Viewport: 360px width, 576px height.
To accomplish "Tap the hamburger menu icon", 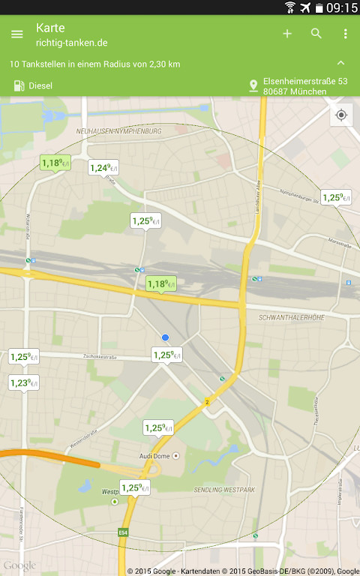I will click(17, 34).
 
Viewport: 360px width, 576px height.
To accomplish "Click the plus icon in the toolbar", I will click(287, 34).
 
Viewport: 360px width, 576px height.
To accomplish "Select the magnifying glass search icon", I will click(316, 34).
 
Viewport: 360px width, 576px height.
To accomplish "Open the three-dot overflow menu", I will click(345, 34).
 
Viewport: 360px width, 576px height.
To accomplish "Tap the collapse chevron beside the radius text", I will click(341, 64).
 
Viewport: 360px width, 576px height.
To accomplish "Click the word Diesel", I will click(40, 85).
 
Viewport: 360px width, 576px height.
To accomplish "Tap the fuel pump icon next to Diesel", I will click(19, 85).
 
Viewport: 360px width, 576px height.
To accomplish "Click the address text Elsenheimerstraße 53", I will click(305, 81).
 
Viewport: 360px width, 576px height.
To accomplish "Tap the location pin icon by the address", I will click(253, 86).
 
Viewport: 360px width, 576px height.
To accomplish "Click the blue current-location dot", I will click(166, 338).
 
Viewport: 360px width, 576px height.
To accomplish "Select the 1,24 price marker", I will click(103, 168).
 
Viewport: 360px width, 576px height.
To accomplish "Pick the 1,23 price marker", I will click(23, 383).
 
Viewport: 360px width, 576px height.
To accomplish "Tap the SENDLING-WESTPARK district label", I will click(224, 490).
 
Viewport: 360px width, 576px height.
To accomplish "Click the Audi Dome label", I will click(159, 455).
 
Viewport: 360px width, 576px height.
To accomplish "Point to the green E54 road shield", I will click(123, 533).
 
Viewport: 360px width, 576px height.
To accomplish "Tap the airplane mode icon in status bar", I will click(305, 7).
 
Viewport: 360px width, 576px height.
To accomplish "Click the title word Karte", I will click(51, 28).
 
